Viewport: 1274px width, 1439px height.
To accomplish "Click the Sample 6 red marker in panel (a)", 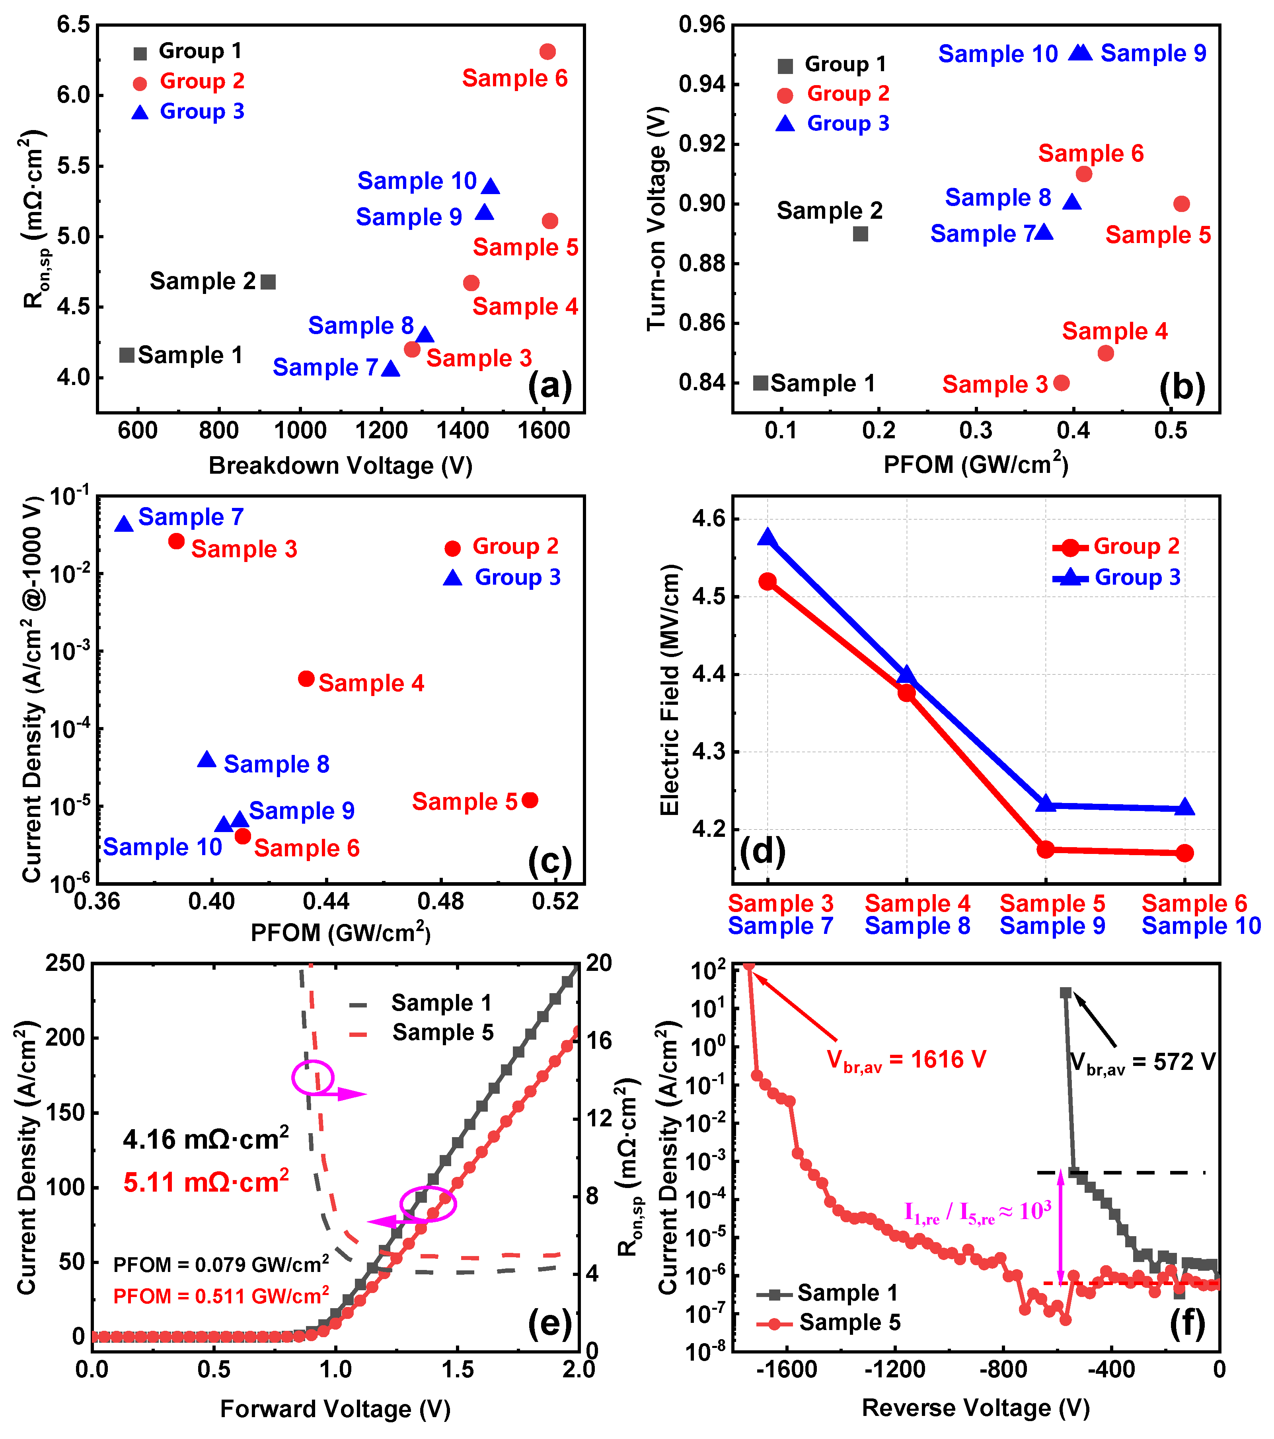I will coord(547,51).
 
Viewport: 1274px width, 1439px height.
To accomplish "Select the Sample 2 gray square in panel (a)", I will coord(268,282).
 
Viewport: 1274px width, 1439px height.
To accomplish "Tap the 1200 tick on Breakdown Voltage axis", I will coord(381,430).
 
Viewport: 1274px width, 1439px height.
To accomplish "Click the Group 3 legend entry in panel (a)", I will coord(188,111).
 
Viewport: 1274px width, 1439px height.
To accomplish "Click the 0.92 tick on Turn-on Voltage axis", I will coord(701,144).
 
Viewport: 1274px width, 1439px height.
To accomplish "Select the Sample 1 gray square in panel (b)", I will coord(760,383).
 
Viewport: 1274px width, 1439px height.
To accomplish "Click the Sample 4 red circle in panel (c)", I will coord(306,679).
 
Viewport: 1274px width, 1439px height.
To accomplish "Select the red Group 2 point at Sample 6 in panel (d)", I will coord(1184,853).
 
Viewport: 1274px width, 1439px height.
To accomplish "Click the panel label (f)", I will coord(1187,1324).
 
